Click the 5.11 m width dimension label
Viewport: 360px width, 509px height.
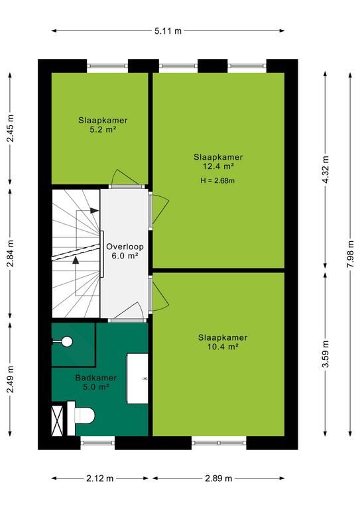pos(168,31)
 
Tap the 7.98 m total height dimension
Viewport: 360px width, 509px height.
pos(350,254)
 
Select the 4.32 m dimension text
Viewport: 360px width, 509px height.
pos(326,170)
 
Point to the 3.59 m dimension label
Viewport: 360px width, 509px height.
pos(326,353)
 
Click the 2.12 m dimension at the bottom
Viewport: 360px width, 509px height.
pos(100,478)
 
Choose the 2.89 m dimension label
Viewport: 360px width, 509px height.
pos(219,478)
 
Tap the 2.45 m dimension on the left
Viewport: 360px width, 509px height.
pos(11,128)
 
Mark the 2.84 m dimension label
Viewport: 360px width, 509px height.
pos(11,254)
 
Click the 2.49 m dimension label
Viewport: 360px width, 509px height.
pos(11,379)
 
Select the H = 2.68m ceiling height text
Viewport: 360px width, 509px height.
pos(217,181)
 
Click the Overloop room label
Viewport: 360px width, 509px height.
pos(125,247)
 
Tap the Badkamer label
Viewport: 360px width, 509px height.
pos(95,378)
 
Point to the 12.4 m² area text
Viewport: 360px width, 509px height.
pos(218,166)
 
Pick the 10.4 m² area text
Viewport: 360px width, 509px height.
pos(223,347)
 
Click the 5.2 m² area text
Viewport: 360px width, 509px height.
pos(103,130)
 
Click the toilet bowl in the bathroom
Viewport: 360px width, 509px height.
pos(84,415)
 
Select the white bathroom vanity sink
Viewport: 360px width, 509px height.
pos(137,378)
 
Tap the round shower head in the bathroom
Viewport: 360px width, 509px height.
pos(67,341)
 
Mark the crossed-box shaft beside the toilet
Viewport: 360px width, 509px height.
pos(57,420)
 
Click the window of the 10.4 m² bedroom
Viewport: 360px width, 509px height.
pos(219,443)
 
